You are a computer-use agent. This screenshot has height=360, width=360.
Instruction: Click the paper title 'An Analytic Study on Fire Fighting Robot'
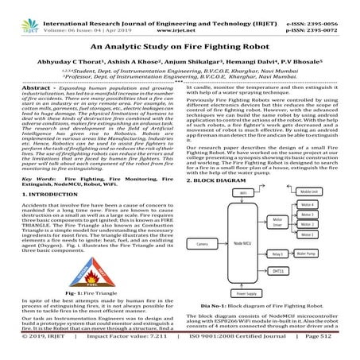(x=180, y=47)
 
